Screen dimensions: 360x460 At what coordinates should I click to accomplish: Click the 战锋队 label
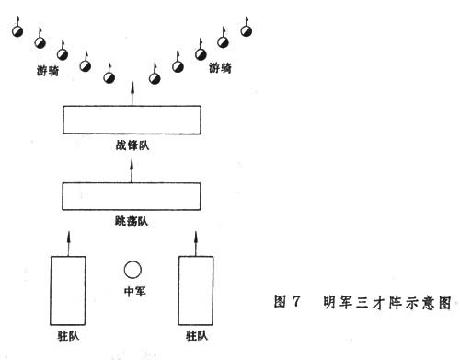132,145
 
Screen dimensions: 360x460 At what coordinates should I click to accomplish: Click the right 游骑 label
221,68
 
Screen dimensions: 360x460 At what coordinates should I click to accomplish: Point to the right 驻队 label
197,337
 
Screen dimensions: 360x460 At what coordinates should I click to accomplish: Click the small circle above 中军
134,270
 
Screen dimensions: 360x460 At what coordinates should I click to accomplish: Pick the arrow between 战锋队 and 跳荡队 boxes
134,168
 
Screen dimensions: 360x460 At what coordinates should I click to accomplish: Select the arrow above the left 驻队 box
68,244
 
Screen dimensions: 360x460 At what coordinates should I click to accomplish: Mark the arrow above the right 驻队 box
197,244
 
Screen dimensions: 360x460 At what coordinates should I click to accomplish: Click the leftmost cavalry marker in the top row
17,32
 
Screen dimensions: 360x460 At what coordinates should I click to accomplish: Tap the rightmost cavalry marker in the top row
247,29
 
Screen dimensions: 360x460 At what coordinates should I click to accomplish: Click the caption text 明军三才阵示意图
387,301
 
